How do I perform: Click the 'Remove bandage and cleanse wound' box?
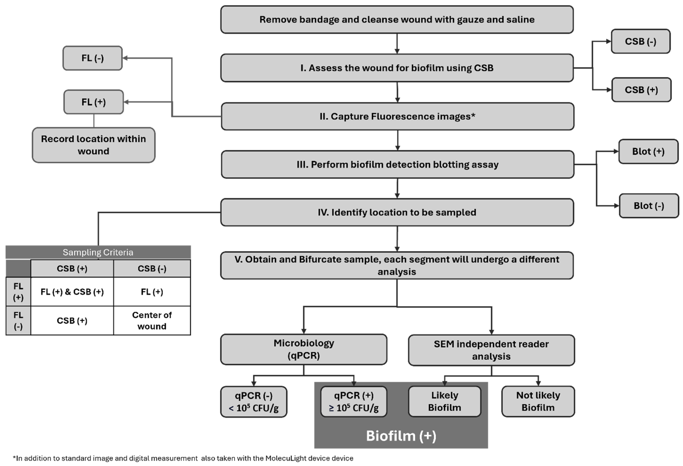(397, 19)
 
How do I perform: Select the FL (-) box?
(93, 58)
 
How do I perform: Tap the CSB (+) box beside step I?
(641, 90)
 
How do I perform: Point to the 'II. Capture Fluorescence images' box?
(397, 116)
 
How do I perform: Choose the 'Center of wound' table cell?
(152, 321)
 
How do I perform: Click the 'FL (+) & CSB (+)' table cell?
(72, 292)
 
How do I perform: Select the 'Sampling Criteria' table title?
(98, 252)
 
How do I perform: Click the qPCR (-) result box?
(254, 402)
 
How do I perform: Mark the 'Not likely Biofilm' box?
(538, 401)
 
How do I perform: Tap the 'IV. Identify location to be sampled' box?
(397, 212)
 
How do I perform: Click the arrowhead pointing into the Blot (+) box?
(616, 152)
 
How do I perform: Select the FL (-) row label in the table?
(18, 321)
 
